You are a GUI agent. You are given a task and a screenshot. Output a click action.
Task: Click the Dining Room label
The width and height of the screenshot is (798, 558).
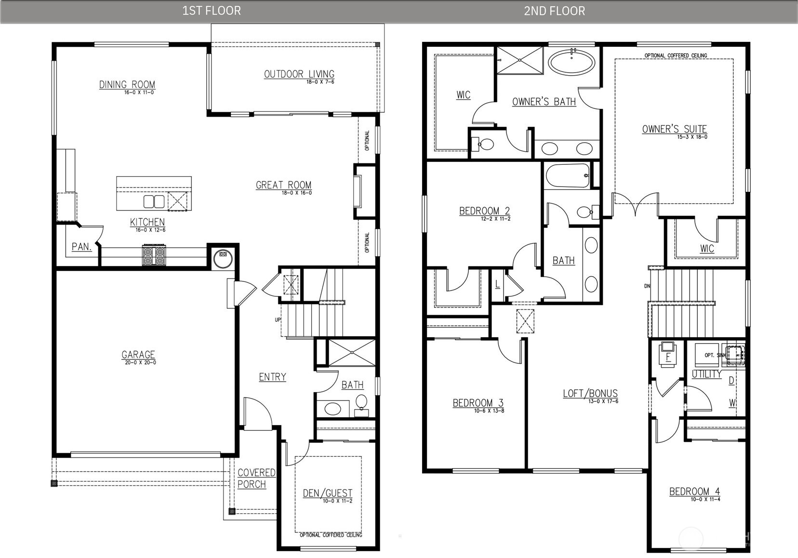coord(127,85)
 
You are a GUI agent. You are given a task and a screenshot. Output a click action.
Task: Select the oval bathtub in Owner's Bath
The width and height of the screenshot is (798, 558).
coord(572,62)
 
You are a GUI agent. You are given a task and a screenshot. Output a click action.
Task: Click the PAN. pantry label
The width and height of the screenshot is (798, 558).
coord(81,247)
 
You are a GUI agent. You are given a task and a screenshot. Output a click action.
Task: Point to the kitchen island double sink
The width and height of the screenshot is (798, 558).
coord(154,201)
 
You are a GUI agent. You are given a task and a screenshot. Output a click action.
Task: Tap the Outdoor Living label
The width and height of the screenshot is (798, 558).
coord(299,74)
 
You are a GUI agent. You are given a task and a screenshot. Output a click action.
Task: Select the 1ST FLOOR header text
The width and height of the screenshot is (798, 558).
coord(211,11)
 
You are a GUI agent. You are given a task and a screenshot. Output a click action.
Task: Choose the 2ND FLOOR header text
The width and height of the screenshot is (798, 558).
coord(554,11)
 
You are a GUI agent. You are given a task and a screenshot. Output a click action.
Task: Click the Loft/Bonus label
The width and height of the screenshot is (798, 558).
coord(590,393)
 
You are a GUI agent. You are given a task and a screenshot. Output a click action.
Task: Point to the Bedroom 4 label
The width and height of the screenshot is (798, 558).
coord(694,492)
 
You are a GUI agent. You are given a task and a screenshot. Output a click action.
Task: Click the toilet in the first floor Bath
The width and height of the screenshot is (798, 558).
coord(361,402)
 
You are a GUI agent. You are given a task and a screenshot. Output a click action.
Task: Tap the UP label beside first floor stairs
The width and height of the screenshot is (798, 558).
coord(278,319)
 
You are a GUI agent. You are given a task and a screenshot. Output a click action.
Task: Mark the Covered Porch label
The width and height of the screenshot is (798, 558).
coord(256,478)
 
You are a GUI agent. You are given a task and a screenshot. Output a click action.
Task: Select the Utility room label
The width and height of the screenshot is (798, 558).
coord(706,374)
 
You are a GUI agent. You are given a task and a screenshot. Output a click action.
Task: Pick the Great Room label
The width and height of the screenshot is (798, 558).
coord(283,185)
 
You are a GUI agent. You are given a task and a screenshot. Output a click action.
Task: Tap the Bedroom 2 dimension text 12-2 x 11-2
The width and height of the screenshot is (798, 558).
coord(495,219)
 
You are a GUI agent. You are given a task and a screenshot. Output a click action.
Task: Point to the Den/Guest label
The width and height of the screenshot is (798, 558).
coord(327,493)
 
